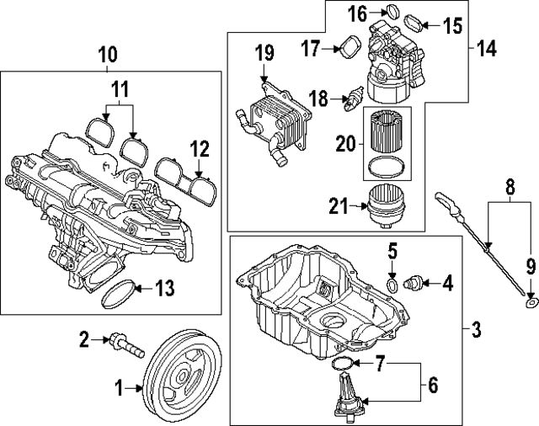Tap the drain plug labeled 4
click(416, 282)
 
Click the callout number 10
click(107, 56)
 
